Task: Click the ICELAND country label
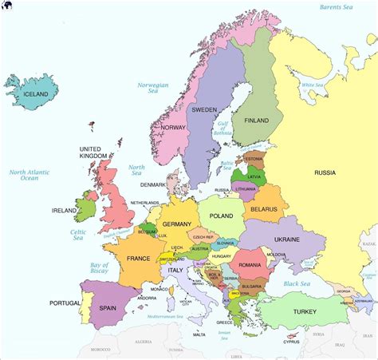point(35,94)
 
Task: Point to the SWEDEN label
point(204,109)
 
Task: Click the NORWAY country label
point(173,127)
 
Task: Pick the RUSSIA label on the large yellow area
point(325,172)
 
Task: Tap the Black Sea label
point(296,283)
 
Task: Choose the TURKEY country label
point(305,311)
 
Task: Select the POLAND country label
point(220,216)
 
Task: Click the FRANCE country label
point(138,259)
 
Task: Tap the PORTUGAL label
point(65,303)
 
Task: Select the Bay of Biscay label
point(99,269)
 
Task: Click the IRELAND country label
point(64,211)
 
